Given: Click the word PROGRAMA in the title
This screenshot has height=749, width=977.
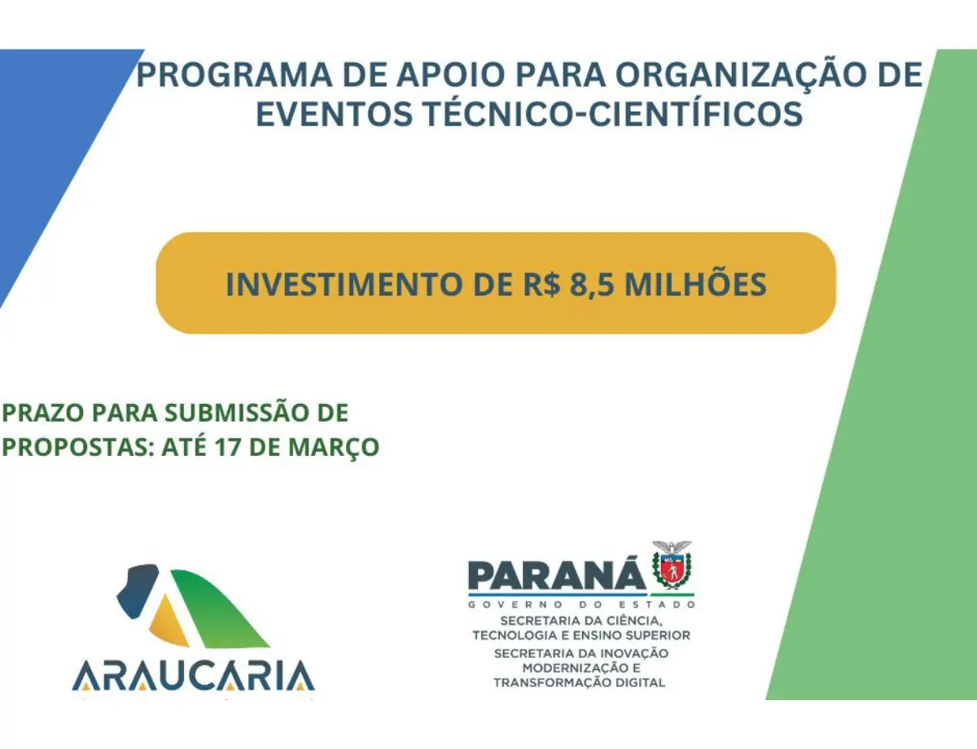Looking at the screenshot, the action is coord(234,75).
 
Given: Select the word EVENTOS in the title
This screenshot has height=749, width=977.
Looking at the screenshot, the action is coord(334,114).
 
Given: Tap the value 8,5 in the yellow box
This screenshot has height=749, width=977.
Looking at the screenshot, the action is coord(592,285).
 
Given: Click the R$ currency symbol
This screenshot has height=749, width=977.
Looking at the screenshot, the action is coord(541,284).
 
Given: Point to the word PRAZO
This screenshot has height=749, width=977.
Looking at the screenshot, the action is coord(43,413).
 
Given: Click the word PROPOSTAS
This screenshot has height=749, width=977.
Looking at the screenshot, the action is coord(78,447).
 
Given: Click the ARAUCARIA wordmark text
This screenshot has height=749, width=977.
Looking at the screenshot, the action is coord(193,675).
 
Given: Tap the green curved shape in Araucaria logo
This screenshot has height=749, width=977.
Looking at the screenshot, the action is coord(221,608).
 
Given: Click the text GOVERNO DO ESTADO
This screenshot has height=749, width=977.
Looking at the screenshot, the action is coord(581,604).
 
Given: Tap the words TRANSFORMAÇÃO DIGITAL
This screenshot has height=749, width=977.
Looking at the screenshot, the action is coord(579,682).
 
